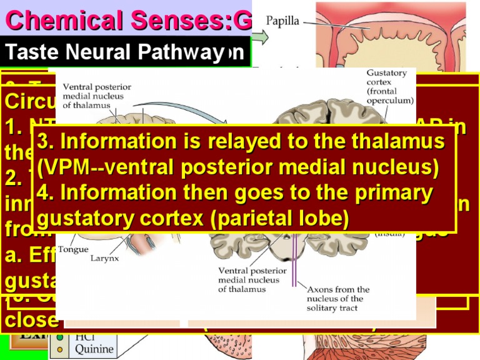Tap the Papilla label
(282, 21)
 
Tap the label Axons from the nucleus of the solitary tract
(338, 299)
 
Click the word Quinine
(94, 349)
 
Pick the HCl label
(86, 337)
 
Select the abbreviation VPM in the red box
(69, 168)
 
